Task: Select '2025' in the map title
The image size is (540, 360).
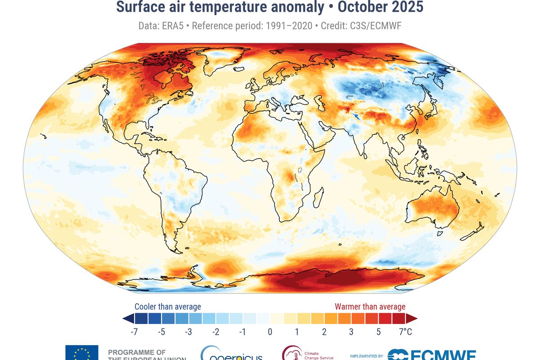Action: (407, 8)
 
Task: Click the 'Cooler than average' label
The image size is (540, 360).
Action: (168, 306)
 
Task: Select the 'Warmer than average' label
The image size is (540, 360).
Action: (370, 306)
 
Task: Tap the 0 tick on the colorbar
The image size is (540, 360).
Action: (270, 332)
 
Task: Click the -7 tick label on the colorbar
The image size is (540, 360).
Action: (133, 332)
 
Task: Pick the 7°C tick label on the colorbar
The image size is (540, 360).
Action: (405, 332)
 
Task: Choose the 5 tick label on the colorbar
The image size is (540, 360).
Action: (378, 332)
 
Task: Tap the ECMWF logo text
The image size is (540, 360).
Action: (432, 355)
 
